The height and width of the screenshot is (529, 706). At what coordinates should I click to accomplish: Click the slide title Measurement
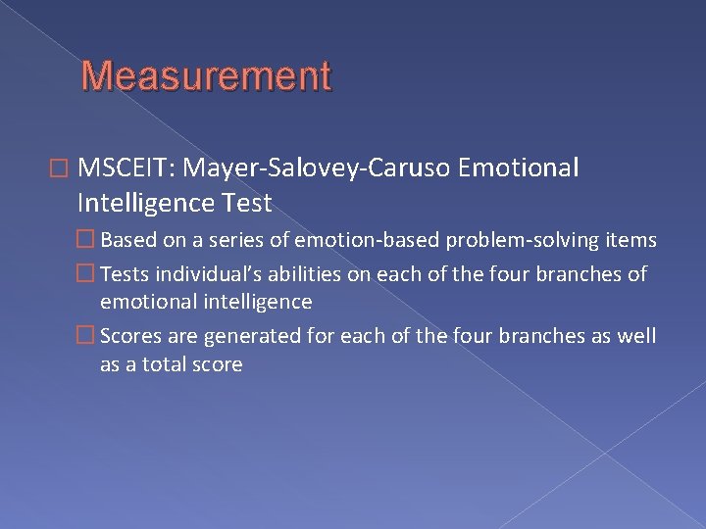(x=206, y=76)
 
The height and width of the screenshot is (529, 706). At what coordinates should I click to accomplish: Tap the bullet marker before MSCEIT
(x=91, y=169)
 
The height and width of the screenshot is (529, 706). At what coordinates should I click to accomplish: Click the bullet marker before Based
(x=111, y=240)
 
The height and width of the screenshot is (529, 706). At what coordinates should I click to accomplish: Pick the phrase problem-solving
(x=532, y=240)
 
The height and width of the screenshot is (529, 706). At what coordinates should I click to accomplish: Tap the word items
(x=633, y=240)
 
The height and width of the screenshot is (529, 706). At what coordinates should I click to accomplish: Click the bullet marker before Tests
(x=111, y=275)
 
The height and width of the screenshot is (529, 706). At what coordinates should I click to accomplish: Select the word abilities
(x=307, y=275)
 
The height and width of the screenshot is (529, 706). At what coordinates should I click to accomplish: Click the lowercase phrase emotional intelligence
(x=206, y=302)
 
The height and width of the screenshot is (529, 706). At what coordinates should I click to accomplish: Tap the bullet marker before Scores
(x=111, y=337)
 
